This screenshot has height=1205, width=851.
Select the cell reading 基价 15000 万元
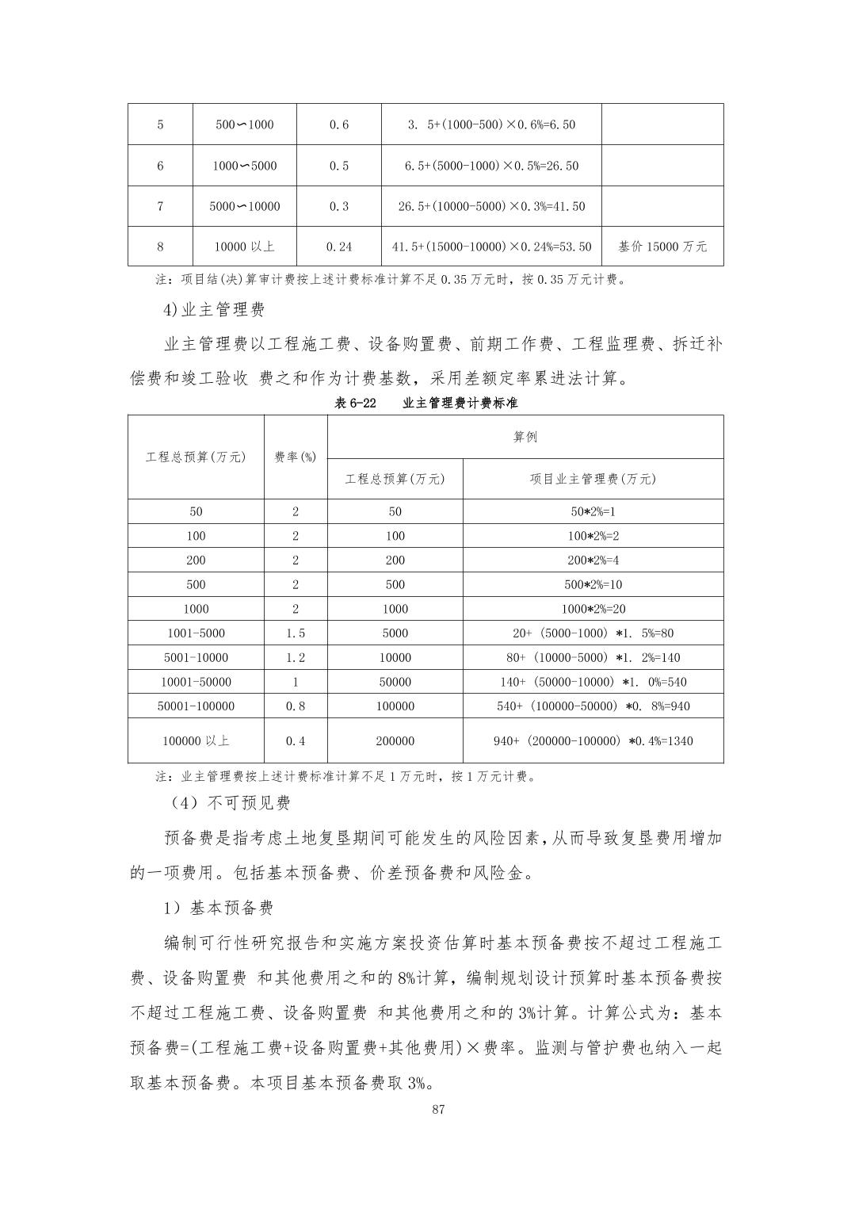pyautogui.click(x=662, y=247)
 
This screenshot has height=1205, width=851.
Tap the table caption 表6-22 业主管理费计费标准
pyautogui.click(x=425, y=403)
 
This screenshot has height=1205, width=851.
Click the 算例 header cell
pyautogui.click(x=525, y=437)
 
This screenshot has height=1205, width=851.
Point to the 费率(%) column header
pyautogui.click(x=296, y=457)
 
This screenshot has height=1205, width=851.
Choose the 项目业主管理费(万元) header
pyautogui.click(x=593, y=479)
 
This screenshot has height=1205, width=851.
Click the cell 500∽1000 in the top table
pyautogui.click(x=245, y=124)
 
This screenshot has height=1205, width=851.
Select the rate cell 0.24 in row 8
pyautogui.click(x=339, y=247)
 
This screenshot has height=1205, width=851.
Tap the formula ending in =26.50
pyautogui.click(x=491, y=166)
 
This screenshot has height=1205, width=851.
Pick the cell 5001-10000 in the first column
pyautogui.click(x=196, y=657)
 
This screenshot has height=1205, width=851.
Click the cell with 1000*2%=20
pyautogui.click(x=593, y=609)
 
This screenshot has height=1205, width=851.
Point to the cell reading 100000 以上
pyautogui.click(x=196, y=740)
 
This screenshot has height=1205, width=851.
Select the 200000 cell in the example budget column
pyautogui.click(x=395, y=740)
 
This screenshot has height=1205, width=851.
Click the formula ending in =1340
pyautogui.click(x=593, y=740)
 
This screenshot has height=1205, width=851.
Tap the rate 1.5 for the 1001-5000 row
pyautogui.click(x=296, y=633)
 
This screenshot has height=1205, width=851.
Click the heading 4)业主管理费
pyautogui.click(x=214, y=309)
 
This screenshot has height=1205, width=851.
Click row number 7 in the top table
pyautogui.click(x=160, y=206)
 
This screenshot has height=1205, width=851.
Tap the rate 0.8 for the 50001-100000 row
pyautogui.click(x=296, y=706)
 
